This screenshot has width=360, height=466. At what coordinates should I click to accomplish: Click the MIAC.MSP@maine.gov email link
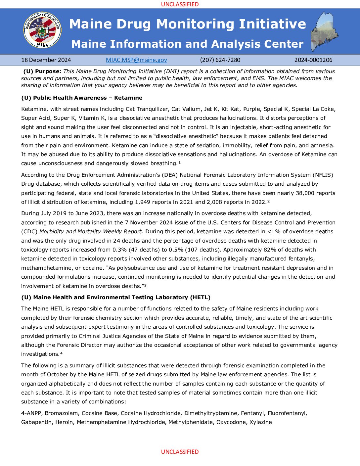tap(136, 60)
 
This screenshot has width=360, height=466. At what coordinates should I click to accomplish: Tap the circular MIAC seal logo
tap(42, 30)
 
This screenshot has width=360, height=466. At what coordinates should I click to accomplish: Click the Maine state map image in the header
tap(324, 32)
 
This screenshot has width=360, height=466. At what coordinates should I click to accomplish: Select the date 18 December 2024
tap(46, 60)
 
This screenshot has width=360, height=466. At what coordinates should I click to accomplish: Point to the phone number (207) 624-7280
tap(220, 60)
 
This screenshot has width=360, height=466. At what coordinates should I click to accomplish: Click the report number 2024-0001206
tap(313, 60)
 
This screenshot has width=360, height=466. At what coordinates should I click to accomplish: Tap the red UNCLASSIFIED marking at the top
tap(180, 4)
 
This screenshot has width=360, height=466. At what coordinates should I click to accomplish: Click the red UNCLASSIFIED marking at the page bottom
tap(180, 452)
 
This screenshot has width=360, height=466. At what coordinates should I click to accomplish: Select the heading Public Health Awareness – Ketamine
tap(82, 98)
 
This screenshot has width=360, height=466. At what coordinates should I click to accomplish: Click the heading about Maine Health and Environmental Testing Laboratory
tap(116, 297)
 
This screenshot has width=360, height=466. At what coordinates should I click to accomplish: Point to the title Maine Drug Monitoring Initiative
tap(188, 24)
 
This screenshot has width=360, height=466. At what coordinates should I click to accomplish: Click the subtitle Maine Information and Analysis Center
tap(187, 44)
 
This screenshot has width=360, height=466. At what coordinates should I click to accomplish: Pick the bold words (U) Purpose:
tap(42, 71)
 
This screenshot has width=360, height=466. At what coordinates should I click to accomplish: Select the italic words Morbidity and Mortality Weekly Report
tap(90, 232)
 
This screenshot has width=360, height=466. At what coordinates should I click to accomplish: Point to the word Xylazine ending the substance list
tap(260, 422)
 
